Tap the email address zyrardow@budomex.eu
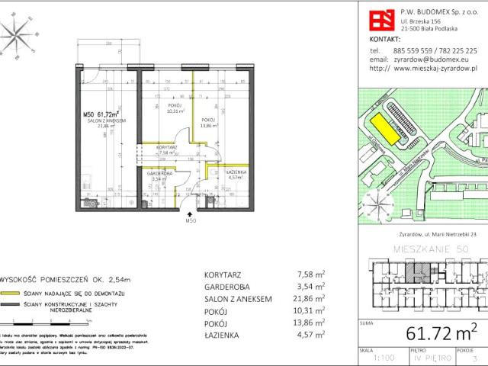tap(428, 59)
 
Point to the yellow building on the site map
tap(381, 127)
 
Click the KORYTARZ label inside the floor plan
tap(167, 146)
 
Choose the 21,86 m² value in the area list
tap(310, 300)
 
